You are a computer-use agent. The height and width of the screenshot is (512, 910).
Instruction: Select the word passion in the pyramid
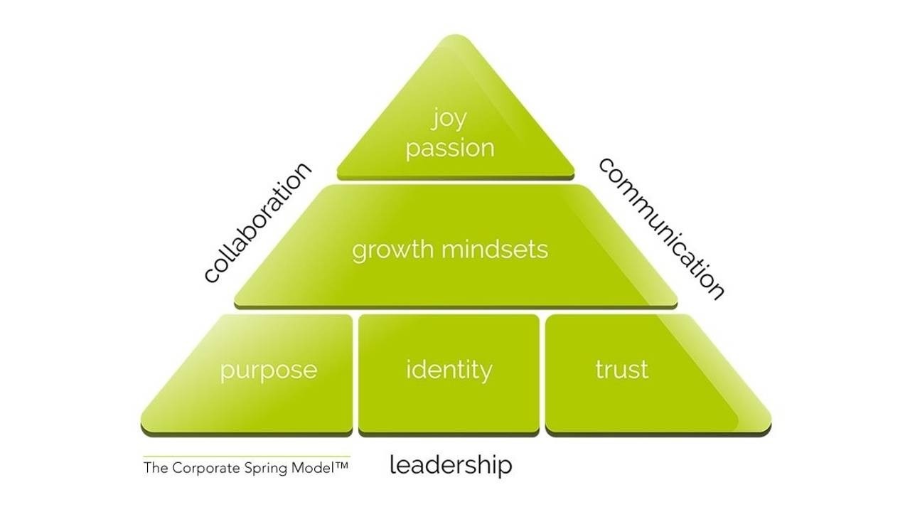(x=449, y=149)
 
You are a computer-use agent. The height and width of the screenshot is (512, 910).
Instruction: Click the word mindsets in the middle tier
(x=494, y=250)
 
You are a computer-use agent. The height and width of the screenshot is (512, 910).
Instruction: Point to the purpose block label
(x=268, y=370)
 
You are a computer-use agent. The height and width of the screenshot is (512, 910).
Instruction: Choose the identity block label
(x=449, y=370)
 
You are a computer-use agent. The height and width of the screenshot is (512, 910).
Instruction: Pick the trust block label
(x=621, y=370)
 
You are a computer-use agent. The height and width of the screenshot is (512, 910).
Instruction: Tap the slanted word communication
(x=662, y=228)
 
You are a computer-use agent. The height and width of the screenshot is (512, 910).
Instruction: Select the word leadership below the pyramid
(x=451, y=465)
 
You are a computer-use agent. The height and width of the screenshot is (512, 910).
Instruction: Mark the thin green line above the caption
(x=246, y=457)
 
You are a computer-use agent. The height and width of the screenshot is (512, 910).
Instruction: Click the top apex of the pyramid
(x=455, y=37)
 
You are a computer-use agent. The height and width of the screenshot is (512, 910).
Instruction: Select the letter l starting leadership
(x=392, y=464)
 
